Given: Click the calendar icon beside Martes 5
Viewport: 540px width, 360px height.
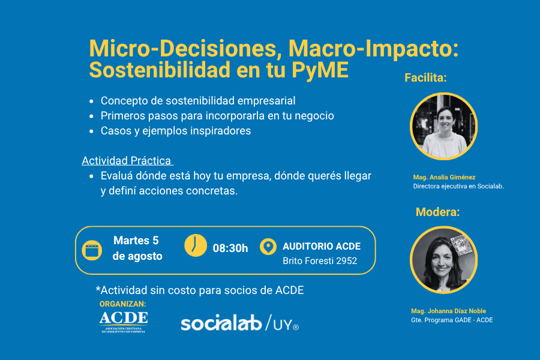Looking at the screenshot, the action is pos(92,250).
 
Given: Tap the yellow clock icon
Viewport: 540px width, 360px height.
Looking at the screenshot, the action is pos(196,245).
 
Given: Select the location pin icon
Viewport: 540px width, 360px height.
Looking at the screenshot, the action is pos(268,247).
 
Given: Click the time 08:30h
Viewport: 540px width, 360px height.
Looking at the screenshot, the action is pos(230,248).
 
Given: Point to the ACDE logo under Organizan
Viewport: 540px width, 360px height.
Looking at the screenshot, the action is pos(124,322).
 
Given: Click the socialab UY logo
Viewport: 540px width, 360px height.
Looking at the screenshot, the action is pos(239,323).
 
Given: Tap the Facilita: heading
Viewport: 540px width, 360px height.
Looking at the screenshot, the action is pos(425,78).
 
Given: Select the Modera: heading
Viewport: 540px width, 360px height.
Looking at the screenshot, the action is pos(437,212).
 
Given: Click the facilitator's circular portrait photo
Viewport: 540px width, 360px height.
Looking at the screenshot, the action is pos(443,126).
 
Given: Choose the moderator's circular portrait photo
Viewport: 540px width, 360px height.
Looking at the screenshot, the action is pos(443,260).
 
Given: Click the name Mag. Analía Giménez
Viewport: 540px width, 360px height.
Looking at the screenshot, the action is pos(444,177).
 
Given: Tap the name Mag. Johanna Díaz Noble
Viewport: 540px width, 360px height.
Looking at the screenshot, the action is pos(448,311).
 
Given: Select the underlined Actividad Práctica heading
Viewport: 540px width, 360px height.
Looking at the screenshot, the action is pos(127,161).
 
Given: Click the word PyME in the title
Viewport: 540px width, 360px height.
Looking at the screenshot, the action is pos(320,70).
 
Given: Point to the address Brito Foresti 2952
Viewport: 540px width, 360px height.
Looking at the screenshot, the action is pos(320,261).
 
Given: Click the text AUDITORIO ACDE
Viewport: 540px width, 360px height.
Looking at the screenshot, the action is pos(322,247).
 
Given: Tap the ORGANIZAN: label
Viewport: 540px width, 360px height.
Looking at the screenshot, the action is pos(122,304).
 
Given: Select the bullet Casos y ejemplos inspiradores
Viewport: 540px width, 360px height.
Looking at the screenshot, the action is pos(176,131).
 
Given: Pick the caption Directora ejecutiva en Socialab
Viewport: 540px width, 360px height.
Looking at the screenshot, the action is pos(458,187).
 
